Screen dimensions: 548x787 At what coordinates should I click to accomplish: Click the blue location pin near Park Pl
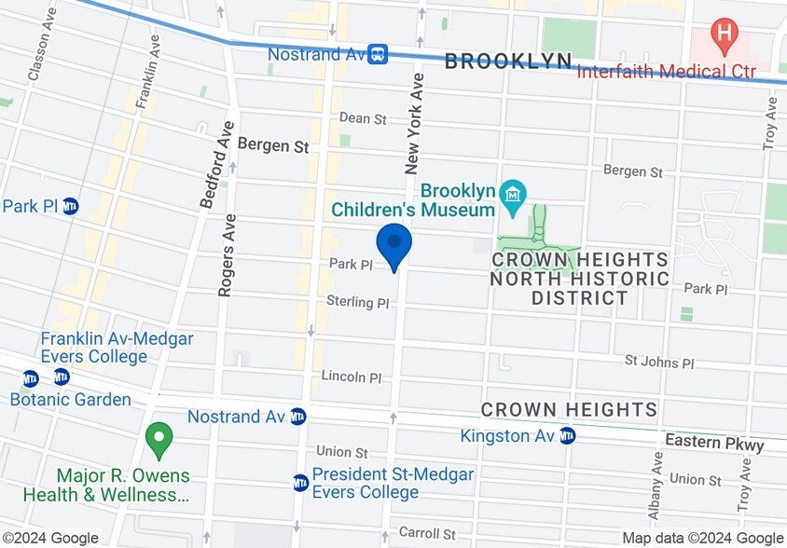coord(394,244)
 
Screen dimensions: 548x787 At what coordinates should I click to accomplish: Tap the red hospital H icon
coord(724,36)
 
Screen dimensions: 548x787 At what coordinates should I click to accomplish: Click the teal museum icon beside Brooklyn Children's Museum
coord(513,196)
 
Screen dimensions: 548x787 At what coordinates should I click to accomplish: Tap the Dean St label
coord(363,118)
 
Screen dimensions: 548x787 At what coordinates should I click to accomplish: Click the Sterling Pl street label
coord(357,302)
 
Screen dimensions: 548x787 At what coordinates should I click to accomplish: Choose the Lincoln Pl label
coord(352,377)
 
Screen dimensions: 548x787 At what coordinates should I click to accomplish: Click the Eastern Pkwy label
coord(713,445)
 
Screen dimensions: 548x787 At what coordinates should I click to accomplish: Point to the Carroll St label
coord(425,534)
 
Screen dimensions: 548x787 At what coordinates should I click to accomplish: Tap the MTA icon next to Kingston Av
coord(567,435)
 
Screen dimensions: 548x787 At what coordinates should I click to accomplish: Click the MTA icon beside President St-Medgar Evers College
coord(300,483)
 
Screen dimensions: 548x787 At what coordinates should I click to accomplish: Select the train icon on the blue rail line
coord(378,54)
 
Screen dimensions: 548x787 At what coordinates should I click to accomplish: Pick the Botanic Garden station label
coord(70,400)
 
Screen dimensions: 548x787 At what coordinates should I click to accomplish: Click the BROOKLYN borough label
coord(508,62)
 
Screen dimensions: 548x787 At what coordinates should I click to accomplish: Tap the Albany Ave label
coord(656,486)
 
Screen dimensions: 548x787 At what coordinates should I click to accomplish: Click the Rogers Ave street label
coord(226,255)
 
